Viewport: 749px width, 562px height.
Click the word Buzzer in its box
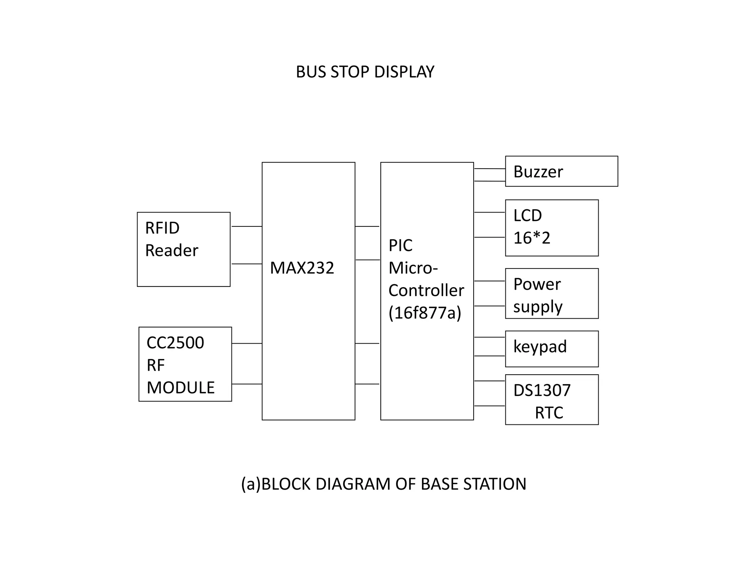click(538, 172)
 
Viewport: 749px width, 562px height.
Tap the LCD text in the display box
click(527, 216)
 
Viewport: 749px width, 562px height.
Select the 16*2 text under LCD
click(531, 238)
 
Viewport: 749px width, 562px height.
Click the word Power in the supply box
click(537, 284)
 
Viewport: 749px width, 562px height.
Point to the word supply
click(537, 307)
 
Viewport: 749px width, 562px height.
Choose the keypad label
click(540, 346)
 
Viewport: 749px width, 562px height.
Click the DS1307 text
click(542, 390)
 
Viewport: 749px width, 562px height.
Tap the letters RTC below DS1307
click(549, 413)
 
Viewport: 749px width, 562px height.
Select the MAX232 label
click(302, 268)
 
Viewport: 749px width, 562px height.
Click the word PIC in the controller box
click(400, 246)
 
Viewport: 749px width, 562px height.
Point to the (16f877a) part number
click(425, 313)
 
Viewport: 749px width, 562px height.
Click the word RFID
click(162, 228)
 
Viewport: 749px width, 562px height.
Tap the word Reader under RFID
click(172, 251)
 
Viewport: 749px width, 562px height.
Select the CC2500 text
click(175, 343)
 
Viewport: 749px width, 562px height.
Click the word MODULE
click(180, 388)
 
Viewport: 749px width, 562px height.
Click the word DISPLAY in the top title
click(404, 72)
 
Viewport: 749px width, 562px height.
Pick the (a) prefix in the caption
click(251, 484)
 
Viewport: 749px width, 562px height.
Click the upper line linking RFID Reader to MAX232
click(246, 226)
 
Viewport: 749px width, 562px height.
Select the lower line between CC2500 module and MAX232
click(247, 384)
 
